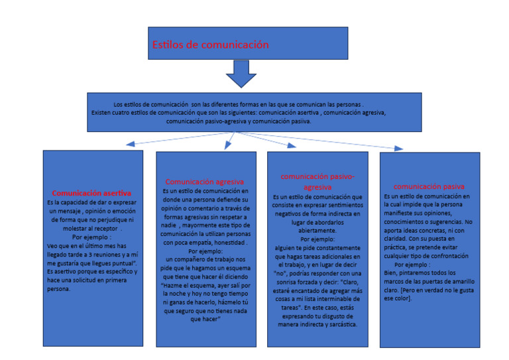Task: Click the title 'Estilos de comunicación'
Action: point(210,45)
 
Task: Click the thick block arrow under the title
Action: point(241,74)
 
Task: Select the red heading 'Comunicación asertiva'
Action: point(91,193)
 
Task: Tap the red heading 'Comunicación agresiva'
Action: point(204,181)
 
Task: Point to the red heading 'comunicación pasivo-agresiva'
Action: point(317,182)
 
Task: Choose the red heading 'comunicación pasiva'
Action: point(429,187)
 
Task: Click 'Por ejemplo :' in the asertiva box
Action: point(91,237)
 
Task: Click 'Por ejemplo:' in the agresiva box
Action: point(205,251)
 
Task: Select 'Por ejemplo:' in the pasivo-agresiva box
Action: point(317,239)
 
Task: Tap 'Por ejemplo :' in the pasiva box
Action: point(412,264)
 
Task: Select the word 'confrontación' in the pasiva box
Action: point(447,255)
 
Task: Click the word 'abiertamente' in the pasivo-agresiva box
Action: point(317,231)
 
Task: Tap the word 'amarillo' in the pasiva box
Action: point(461,281)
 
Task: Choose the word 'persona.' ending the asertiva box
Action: point(58,288)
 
